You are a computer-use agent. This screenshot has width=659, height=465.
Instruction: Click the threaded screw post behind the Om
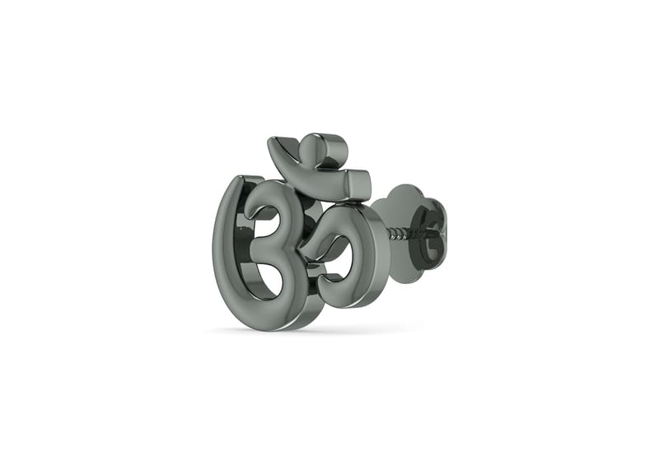click(x=400, y=234)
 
